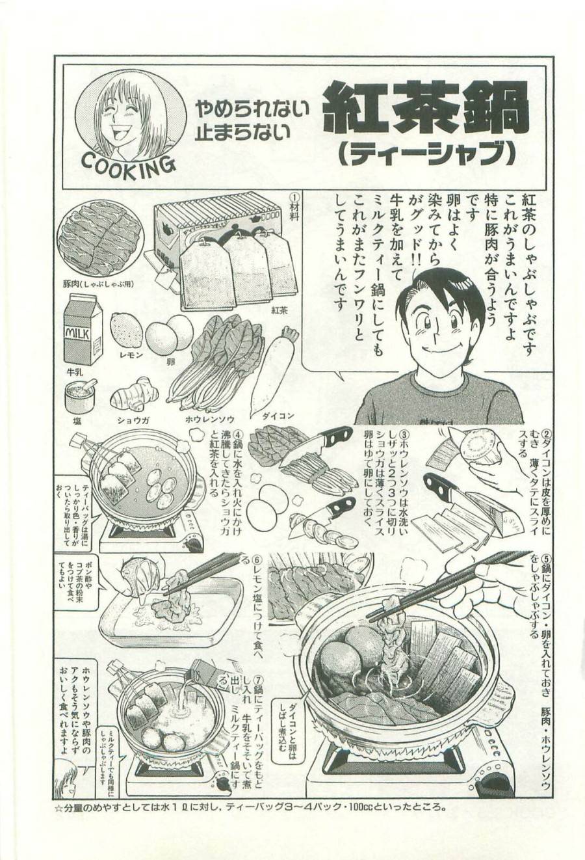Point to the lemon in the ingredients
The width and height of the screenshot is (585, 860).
[x=127, y=329]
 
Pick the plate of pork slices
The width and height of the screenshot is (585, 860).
[x=100, y=238]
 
